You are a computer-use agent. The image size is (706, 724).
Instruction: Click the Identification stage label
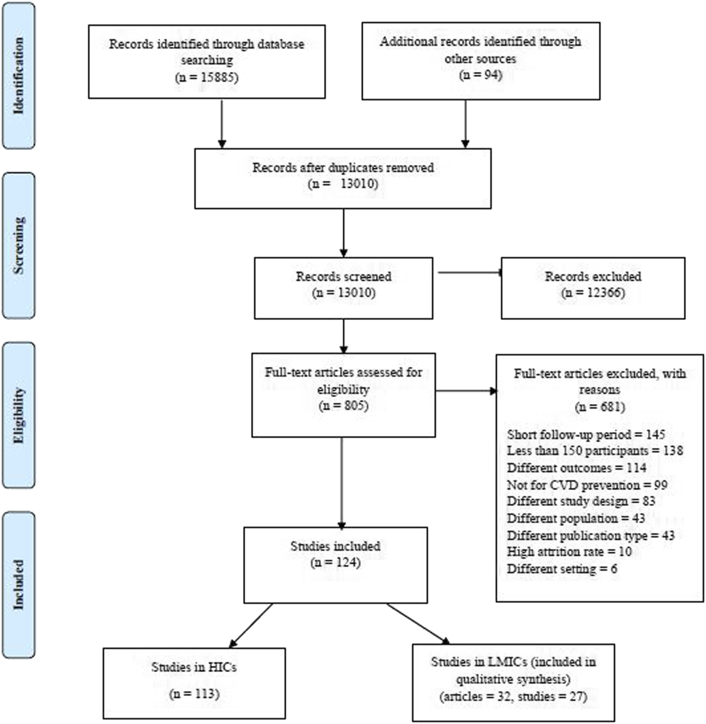tap(19, 75)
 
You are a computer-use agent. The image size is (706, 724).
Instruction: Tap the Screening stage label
tap(19, 245)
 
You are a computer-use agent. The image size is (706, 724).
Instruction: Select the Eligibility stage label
tap(19, 415)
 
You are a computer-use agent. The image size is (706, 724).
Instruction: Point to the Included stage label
tap(19, 584)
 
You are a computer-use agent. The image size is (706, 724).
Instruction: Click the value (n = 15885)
tap(206, 77)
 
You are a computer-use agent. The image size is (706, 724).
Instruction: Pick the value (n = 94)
tap(480, 75)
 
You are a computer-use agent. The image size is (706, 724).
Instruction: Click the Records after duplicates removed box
tap(343, 179)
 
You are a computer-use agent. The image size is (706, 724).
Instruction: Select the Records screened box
tap(343, 288)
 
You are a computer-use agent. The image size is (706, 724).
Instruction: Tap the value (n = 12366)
tap(593, 292)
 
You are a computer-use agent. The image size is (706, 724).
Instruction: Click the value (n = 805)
tap(343, 405)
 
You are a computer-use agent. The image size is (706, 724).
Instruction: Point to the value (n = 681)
tap(599, 407)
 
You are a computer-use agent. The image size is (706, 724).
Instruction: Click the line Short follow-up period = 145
tap(586, 434)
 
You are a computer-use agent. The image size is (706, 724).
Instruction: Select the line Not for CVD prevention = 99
tap(587, 485)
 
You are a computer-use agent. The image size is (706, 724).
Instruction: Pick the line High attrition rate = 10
tap(569, 552)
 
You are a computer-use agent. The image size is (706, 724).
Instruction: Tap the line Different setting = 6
tap(562, 568)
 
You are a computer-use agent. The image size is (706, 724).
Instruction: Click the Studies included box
tap(335, 565)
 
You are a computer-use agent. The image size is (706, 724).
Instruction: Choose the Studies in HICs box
tap(194, 683)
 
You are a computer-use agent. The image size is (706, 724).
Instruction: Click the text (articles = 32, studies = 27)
tap(513, 696)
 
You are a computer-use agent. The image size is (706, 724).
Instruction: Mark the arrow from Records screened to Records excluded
tap(470, 273)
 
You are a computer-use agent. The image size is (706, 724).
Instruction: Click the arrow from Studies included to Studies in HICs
tap(251, 625)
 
